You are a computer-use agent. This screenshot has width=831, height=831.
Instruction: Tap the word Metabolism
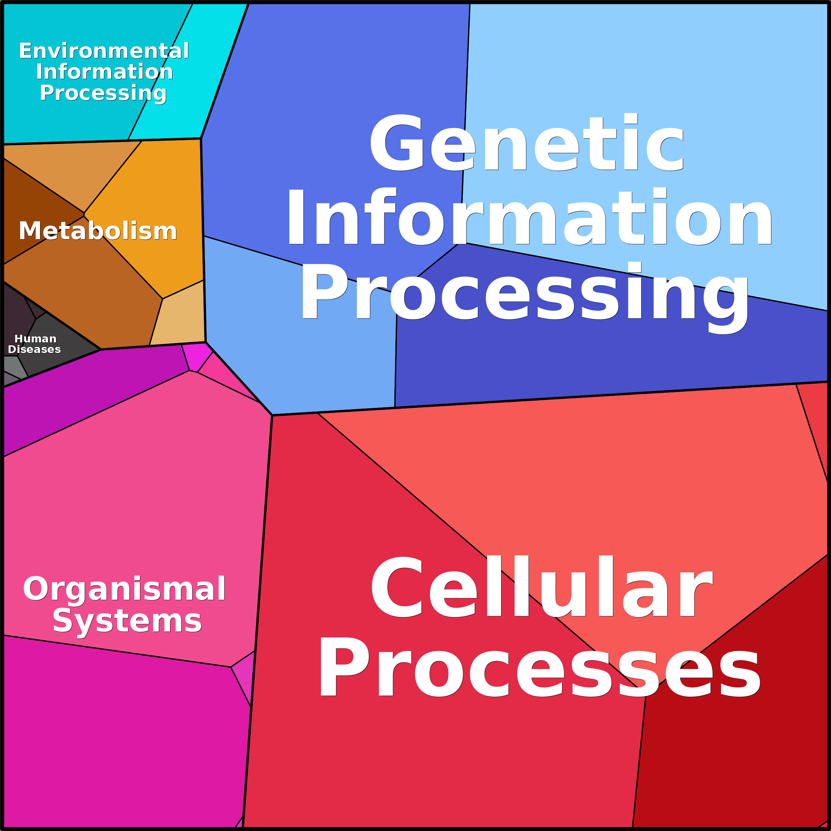click(98, 231)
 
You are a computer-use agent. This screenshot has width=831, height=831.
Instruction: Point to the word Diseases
click(34, 349)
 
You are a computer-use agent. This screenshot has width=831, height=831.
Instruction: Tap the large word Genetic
click(526, 142)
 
